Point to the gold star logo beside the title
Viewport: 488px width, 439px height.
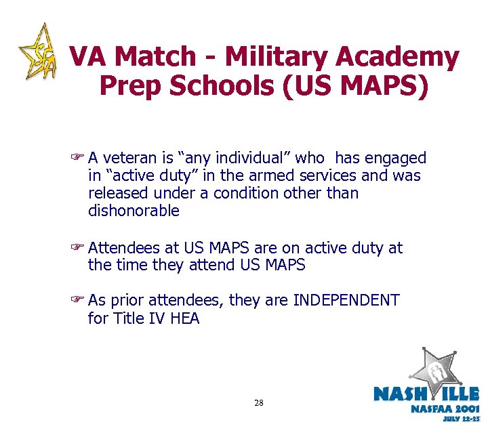click(37, 52)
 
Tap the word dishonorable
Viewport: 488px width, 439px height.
click(134, 211)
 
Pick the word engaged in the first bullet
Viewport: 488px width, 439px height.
click(396, 159)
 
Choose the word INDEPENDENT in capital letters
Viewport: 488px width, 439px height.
click(346, 300)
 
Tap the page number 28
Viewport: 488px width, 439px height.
click(259, 403)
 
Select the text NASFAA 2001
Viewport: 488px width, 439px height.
click(444, 409)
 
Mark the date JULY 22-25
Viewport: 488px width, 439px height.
click(461, 419)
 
